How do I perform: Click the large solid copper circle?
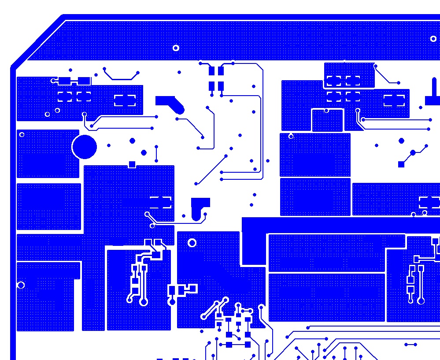point(84,147)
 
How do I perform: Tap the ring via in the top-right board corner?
point(433,39)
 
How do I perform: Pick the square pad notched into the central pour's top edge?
point(132,164)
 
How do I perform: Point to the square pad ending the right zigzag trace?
point(401,164)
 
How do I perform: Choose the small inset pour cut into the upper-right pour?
point(327,120)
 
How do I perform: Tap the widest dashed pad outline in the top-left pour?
point(125,100)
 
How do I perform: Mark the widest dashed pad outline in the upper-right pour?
point(394,100)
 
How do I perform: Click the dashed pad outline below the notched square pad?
point(160,202)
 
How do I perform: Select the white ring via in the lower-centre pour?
point(192,243)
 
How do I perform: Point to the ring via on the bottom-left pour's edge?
point(21,285)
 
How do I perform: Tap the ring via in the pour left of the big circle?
point(22,135)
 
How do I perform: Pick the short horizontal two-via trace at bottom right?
point(410,345)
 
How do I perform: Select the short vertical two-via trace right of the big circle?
point(156,154)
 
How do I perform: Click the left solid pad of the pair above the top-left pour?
point(65,81)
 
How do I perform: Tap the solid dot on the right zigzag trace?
point(413,153)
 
